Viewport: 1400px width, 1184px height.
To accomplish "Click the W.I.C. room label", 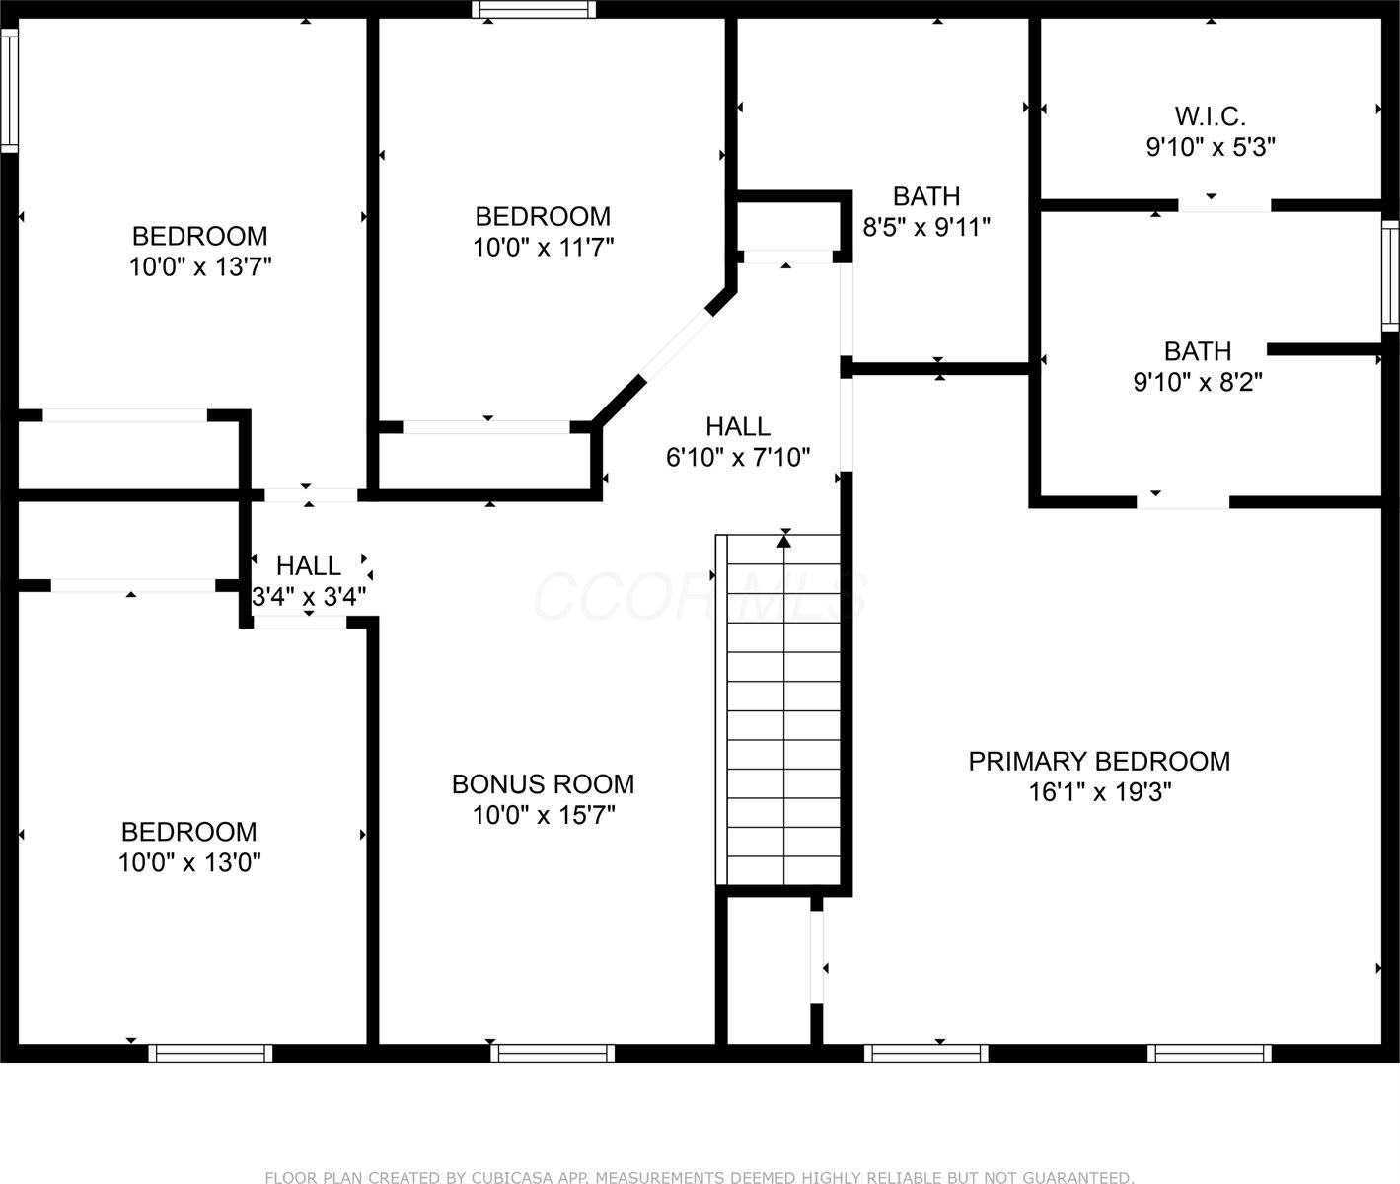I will tap(1210, 116).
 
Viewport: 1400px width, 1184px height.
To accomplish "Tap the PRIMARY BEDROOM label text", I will tap(1099, 762).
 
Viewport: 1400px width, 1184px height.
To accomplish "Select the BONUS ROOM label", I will tap(543, 784).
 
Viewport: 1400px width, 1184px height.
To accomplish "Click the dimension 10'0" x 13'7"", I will tap(200, 267).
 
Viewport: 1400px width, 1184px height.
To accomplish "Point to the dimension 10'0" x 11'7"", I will tap(543, 248).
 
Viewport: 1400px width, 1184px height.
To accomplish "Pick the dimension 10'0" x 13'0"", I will tap(189, 863).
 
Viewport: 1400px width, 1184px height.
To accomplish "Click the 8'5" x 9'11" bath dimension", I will tap(926, 228).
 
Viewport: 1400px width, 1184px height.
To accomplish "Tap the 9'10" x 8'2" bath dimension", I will tap(1198, 382).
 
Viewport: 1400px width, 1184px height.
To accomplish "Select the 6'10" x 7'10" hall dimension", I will tap(738, 457).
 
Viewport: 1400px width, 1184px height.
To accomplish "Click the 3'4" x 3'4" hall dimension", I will tap(309, 597).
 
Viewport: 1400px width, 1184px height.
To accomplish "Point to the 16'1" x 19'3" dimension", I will tap(1099, 792).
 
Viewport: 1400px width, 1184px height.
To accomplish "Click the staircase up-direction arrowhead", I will tap(784, 539).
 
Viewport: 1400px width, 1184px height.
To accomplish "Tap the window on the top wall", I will tap(534, 10).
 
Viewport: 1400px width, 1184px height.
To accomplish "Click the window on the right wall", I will tap(1390, 275).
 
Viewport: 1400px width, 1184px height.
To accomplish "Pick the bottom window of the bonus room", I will tap(552, 1053).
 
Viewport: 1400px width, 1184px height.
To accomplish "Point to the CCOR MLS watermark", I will tap(700, 597).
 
